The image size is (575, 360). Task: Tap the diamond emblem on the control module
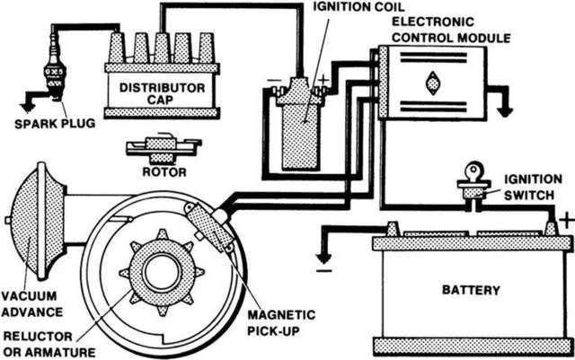pyautogui.click(x=433, y=81)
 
